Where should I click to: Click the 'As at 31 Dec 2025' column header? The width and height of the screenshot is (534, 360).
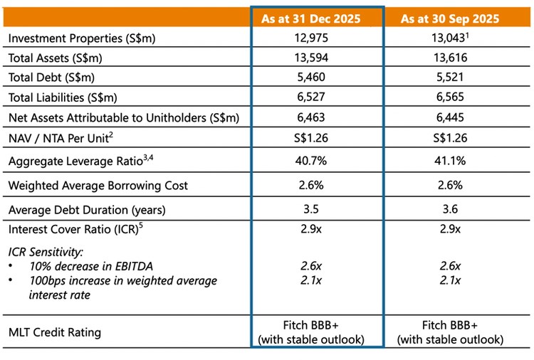[317, 18]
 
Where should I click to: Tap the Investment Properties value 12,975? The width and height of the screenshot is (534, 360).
[317, 38]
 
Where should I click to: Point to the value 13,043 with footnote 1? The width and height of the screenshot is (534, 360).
[457, 38]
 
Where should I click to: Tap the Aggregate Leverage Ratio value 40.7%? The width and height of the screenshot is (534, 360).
[317, 162]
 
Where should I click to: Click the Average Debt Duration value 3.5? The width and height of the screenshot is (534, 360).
[317, 209]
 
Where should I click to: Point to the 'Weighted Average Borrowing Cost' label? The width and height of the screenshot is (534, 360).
[98, 186]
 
